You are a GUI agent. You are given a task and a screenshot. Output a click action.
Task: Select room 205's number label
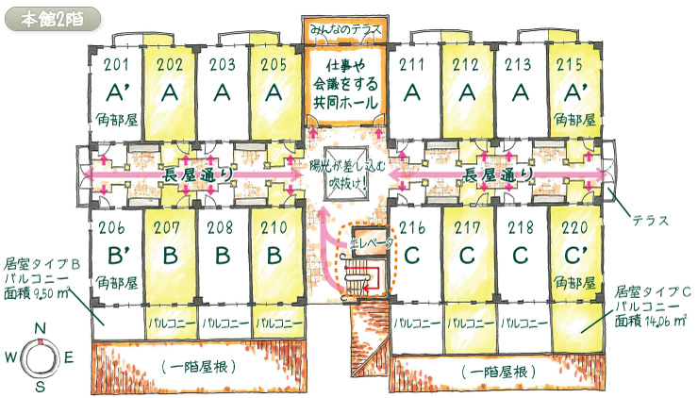click(x=274, y=65)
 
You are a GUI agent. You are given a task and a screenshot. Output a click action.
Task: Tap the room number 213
click(x=516, y=65)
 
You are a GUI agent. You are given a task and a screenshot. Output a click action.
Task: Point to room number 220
click(x=568, y=228)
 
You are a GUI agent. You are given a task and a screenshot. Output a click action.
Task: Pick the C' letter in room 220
click(x=570, y=256)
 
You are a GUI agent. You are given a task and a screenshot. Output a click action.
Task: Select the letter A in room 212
click(x=464, y=93)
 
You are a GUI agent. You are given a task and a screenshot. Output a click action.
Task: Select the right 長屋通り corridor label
click(x=494, y=176)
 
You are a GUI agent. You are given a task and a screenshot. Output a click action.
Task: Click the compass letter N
click(x=40, y=328)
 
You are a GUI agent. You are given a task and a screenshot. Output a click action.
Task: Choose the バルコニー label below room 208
click(x=224, y=322)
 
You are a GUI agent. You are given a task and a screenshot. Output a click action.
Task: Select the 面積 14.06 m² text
click(x=650, y=322)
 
